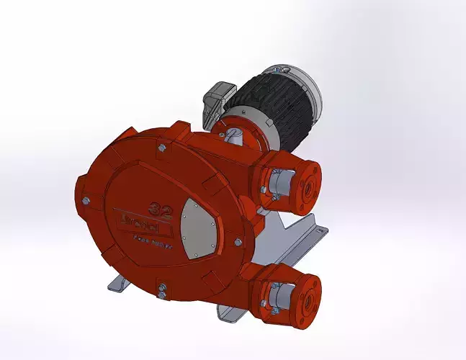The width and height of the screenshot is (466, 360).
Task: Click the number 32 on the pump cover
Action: (x=159, y=210)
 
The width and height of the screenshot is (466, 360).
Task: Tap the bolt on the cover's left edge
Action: (x=85, y=201)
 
